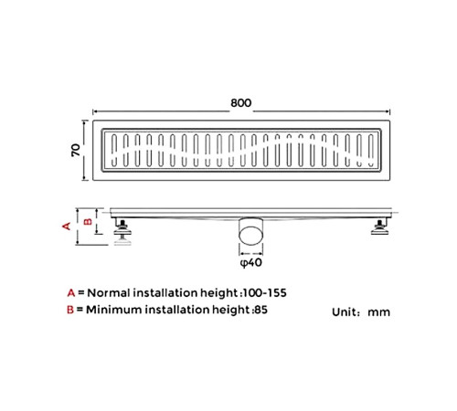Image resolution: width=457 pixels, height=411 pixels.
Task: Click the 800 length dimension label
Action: pos(241,103)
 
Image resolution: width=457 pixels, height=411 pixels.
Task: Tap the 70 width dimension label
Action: pos(76,150)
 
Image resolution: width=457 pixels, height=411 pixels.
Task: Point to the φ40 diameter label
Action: pos(251,262)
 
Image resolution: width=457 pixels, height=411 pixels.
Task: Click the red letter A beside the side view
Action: pos(67,227)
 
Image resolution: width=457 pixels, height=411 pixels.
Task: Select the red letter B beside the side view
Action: pos(88,221)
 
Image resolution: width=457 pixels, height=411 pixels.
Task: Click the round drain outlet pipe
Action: pos(250,230)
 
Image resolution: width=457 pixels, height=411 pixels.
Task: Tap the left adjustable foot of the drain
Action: pos(122,232)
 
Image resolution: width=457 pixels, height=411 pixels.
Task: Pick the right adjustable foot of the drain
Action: pos(380,227)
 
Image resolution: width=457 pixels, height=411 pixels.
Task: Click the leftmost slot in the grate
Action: pos(114,151)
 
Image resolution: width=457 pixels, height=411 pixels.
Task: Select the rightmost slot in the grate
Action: pos(371,151)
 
